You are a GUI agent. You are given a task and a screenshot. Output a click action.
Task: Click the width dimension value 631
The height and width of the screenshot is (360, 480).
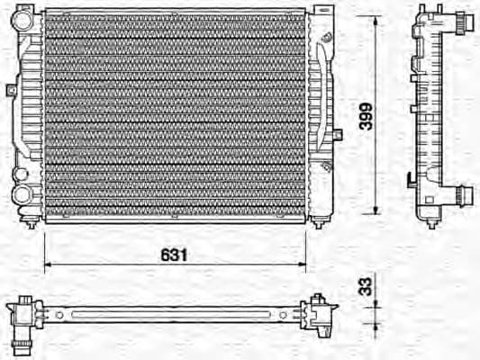(175, 255)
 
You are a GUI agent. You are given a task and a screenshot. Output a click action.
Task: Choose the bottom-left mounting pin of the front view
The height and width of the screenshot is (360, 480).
(33, 224)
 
